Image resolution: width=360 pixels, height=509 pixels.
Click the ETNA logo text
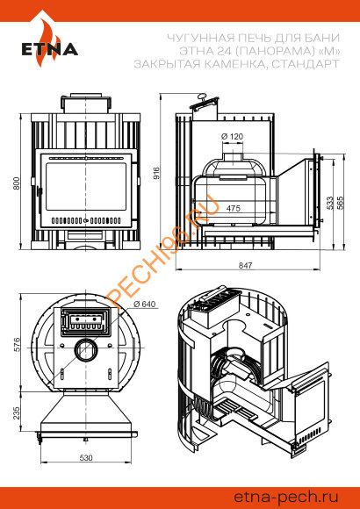pyautogui.click(x=50, y=48)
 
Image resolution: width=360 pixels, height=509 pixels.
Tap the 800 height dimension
pyautogui.click(x=17, y=183)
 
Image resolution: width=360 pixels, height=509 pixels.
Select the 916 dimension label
pyautogui.click(x=156, y=174)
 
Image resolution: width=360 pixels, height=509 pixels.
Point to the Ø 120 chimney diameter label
pyautogui.click(x=232, y=136)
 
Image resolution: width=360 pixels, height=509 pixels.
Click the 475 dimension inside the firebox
pyautogui.click(x=234, y=208)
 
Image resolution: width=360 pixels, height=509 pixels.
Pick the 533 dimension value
pyautogui.click(x=330, y=203)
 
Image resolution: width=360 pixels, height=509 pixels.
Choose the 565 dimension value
pyautogui.click(x=341, y=203)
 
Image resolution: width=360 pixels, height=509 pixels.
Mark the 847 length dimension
pyautogui.click(x=245, y=265)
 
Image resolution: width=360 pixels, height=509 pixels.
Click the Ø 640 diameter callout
pyautogui.click(x=145, y=305)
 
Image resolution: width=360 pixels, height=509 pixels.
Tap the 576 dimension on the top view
pyautogui.click(x=17, y=344)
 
